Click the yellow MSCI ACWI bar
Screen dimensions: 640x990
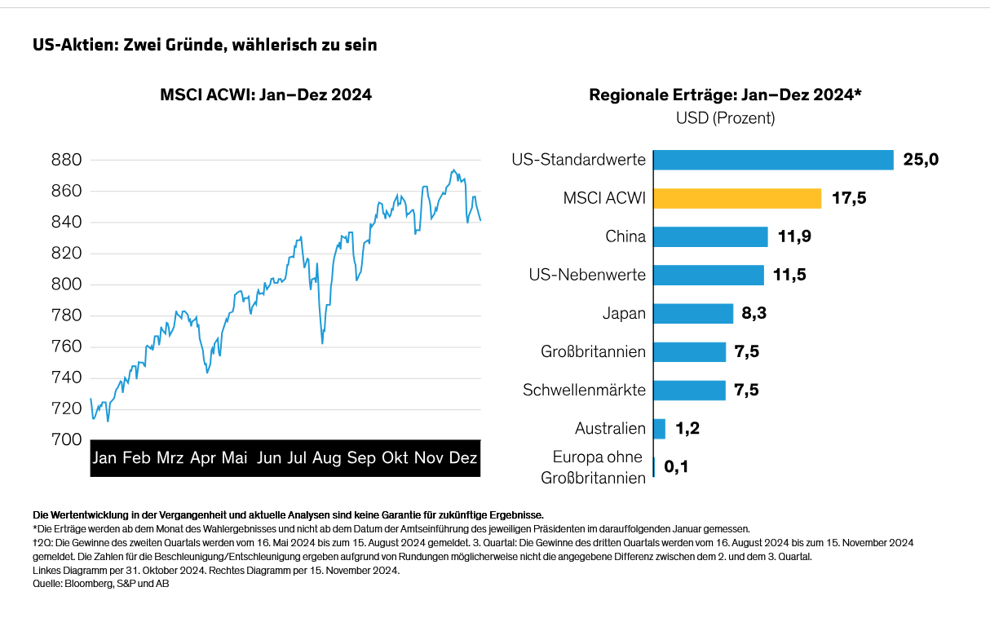point(737,198)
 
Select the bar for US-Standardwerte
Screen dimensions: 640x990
point(773,160)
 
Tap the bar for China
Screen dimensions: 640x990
point(710,236)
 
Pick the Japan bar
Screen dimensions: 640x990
point(693,313)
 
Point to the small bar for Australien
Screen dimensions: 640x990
point(660,428)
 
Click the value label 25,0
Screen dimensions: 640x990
point(921,160)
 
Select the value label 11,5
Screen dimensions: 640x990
point(789,275)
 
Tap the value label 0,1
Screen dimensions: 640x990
point(677,467)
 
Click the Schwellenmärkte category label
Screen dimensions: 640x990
point(584,390)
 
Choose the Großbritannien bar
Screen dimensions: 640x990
point(689,351)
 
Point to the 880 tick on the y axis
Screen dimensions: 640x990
point(67,160)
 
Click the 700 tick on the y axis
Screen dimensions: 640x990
point(67,439)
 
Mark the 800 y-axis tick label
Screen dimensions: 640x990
point(67,285)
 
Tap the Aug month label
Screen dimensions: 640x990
point(327,458)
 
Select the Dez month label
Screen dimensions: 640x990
point(463,458)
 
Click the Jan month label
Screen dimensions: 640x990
point(104,458)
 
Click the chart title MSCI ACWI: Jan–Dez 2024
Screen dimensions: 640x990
point(266,95)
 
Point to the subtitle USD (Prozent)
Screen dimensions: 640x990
point(725,118)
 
